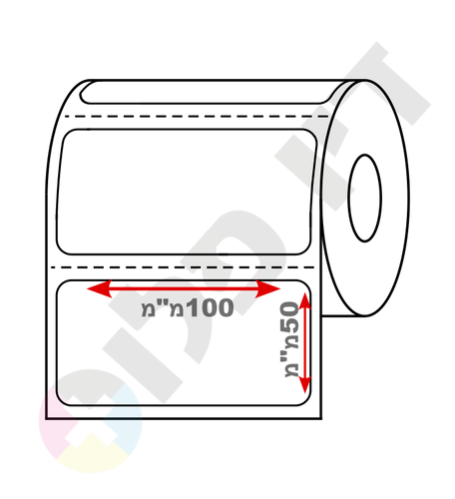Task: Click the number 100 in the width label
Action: click(210, 307)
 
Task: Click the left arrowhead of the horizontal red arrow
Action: click(99, 288)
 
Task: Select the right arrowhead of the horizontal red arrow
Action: click(268, 288)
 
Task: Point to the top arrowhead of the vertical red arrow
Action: click(305, 300)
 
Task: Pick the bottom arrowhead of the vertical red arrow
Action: click(305, 385)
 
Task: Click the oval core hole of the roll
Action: click(365, 198)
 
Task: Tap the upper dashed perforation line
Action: click(197, 117)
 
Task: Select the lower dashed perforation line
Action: click(183, 267)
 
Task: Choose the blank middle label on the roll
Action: click(187, 192)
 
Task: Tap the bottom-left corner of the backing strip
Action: click(46, 418)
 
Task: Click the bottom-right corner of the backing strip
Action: click(321, 418)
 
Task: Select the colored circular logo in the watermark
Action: click(91, 421)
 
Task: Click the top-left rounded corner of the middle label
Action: click(67, 134)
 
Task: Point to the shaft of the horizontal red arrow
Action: click(184, 288)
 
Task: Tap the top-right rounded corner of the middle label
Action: click(311, 134)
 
